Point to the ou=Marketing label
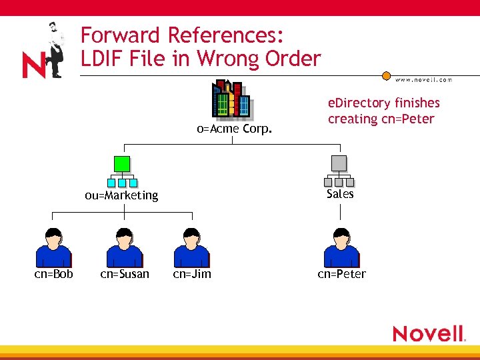coord(121,195)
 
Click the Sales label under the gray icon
coord(340,194)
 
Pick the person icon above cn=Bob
coord(53,247)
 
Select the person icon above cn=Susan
coord(125,247)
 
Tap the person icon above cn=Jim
coord(191,247)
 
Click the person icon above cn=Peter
coord(341,247)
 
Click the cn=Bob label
coord(54,274)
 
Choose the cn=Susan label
coord(125,274)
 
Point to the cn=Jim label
coord(192,274)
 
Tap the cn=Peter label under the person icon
coord(342,274)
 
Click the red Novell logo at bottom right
coord(427,333)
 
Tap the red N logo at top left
coord(33,65)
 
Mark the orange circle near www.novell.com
coord(387,76)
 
